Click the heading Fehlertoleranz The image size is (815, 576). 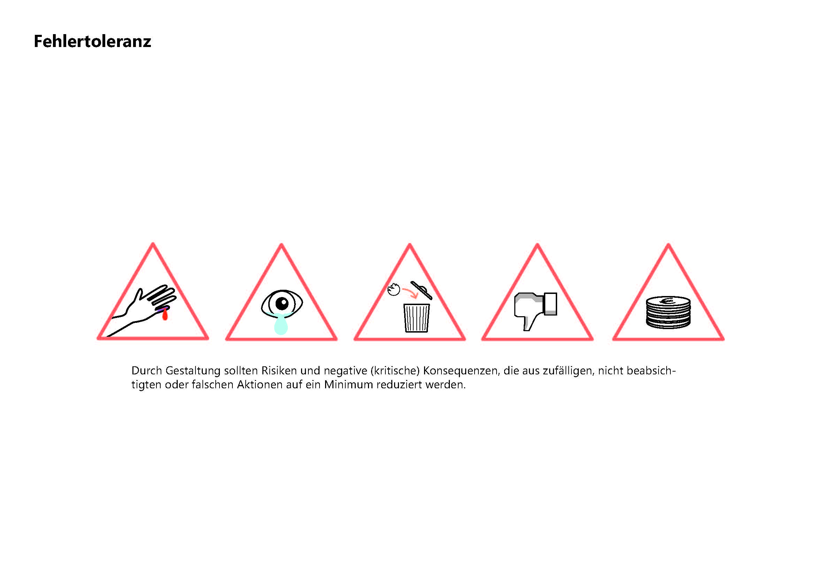92,41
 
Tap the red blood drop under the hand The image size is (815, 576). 165,314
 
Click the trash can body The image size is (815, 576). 416,318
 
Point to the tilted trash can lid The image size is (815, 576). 421,290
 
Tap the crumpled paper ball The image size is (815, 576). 394,289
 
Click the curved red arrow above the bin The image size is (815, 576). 410,293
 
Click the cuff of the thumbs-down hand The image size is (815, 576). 551,304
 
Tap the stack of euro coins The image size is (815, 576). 668,312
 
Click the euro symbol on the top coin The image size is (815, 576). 667,302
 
